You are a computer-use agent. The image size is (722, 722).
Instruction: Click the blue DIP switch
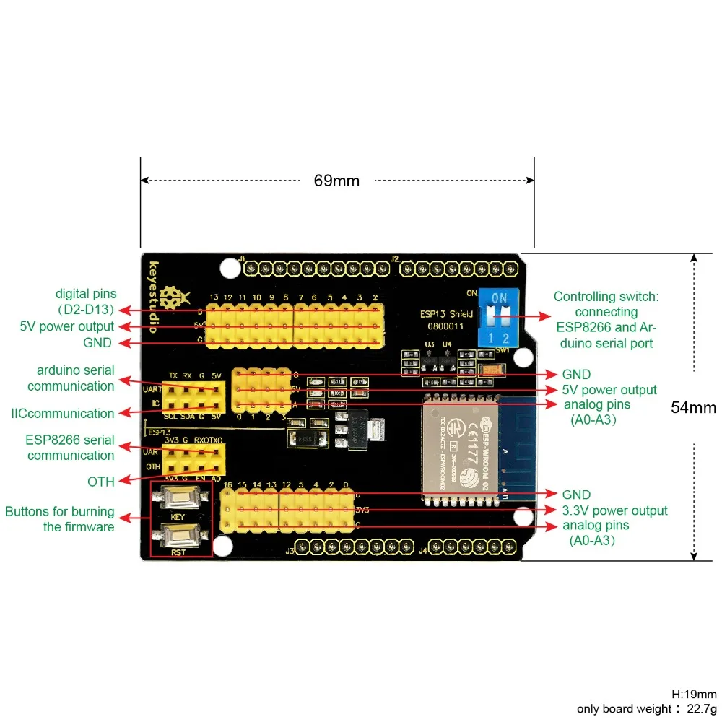497,312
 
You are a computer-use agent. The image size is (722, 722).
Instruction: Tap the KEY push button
180,497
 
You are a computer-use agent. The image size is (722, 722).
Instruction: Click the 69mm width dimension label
336,180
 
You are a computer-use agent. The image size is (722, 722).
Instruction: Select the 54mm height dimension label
693,407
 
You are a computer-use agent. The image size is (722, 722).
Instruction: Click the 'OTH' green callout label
101,481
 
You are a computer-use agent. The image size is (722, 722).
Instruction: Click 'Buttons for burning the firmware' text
60,519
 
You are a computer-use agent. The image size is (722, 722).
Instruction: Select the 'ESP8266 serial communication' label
70,448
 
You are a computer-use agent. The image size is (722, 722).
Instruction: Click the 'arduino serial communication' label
70,378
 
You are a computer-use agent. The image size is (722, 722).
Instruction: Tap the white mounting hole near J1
229,269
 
